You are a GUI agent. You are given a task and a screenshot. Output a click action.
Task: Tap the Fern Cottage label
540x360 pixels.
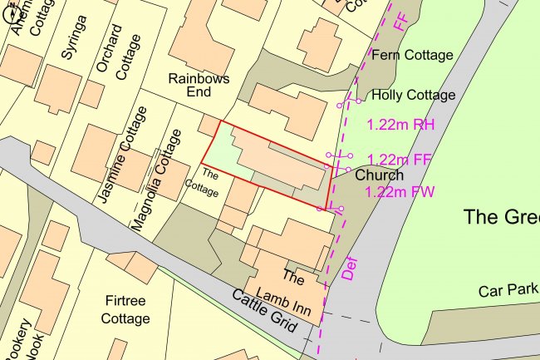pyautogui.click(x=413, y=56)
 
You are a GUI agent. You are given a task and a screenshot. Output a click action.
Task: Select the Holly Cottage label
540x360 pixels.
pyautogui.click(x=414, y=95)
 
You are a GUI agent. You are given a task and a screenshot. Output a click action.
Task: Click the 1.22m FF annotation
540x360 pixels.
pyautogui.click(x=401, y=159)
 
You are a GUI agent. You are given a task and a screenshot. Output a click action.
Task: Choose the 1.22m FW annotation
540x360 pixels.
pyautogui.click(x=400, y=192)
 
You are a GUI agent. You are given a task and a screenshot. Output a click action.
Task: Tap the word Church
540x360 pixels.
pyautogui.click(x=379, y=175)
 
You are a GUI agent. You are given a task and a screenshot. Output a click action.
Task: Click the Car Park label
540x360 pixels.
pyautogui.click(x=508, y=291)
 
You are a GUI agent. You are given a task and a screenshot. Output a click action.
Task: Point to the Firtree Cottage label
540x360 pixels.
pyautogui.click(x=126, y=308)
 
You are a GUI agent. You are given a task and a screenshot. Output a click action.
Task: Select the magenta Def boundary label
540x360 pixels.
pyautogui.click(x=349, y=267)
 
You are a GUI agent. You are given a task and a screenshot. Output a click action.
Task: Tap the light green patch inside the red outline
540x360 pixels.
pyautogui.click(x=223, y=155)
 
